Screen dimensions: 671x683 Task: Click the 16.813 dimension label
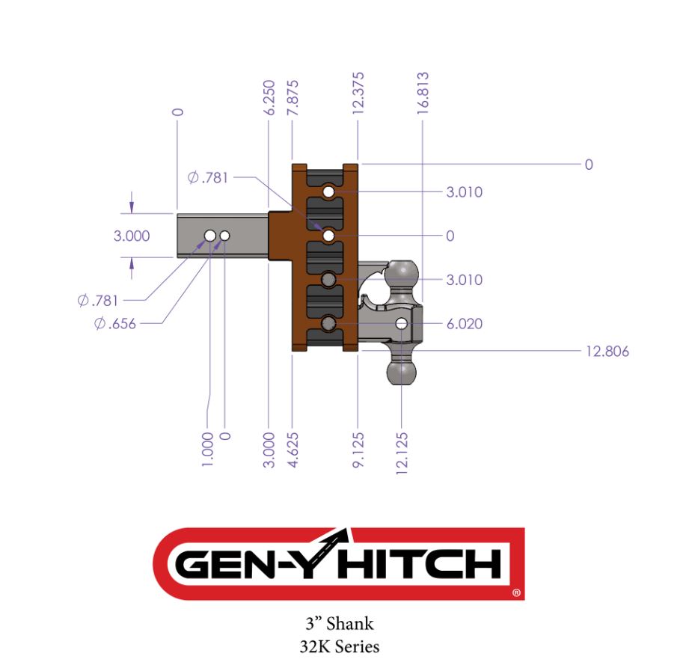pos(423,93)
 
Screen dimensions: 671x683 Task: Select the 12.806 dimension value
pos(607,351)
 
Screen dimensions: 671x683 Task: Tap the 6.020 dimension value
pos(464,324)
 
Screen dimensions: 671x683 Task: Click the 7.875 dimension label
pos(293,97)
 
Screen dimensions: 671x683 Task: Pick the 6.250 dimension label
pos(269,97)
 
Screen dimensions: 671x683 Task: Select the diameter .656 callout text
pos(116,324)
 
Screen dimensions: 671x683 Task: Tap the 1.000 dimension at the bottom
pos(208,448)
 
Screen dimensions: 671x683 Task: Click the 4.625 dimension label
pos(293,448)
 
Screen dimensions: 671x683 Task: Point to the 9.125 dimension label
pos(358,448)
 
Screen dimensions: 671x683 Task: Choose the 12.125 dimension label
pos(403,452)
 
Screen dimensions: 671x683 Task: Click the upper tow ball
pos(402,271)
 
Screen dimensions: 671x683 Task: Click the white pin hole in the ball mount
pos(402,324)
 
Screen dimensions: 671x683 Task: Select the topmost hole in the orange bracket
pos(328,193)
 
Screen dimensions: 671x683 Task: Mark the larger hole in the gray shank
pos(210,236)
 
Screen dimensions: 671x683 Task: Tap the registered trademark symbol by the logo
pos(516,593)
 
